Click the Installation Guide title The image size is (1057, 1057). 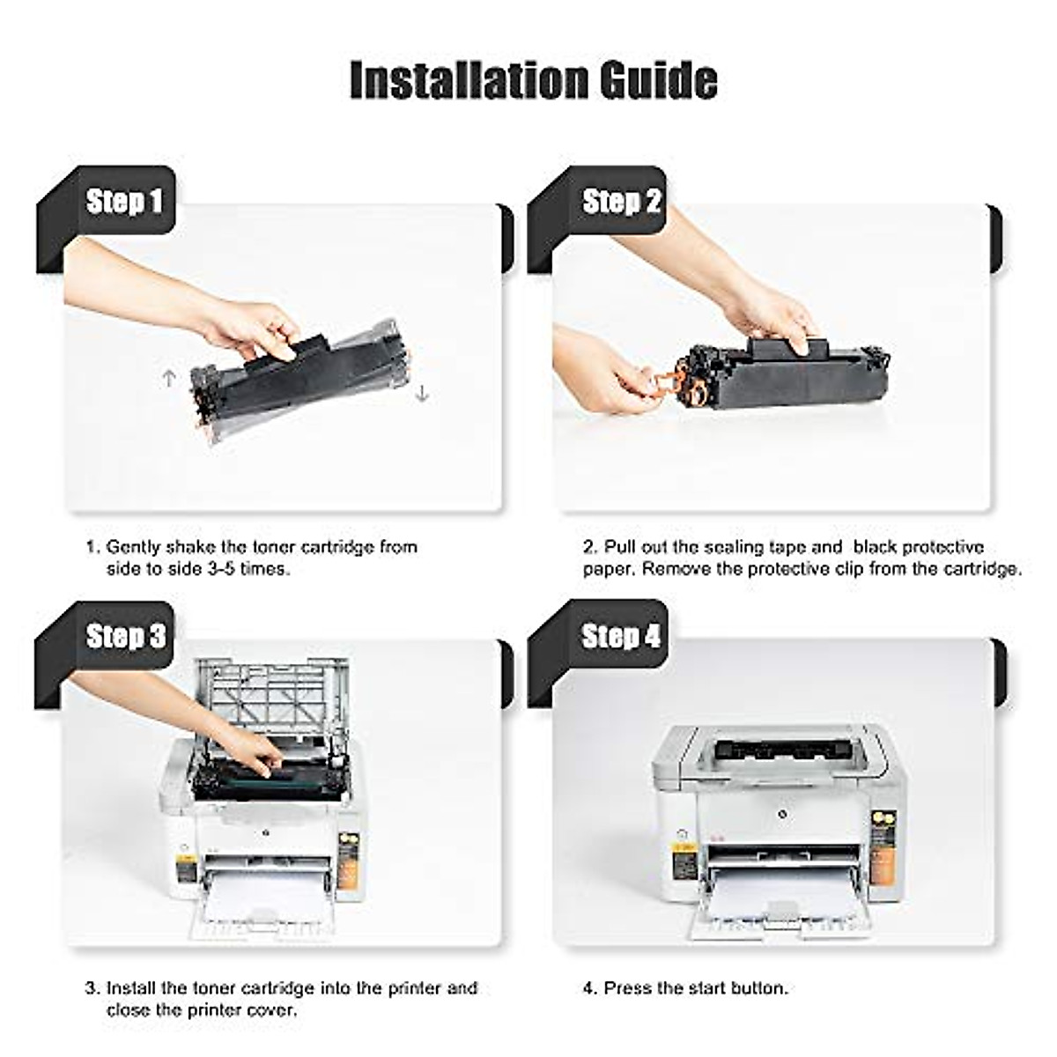(533, 80)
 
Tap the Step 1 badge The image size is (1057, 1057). (124, 202)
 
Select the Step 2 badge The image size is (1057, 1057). (620, 202)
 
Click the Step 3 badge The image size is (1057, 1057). (125, 636)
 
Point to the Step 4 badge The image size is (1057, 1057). (620, 636)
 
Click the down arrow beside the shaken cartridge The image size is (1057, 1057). (422, 393)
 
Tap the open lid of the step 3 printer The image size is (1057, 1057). (273, 696)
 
